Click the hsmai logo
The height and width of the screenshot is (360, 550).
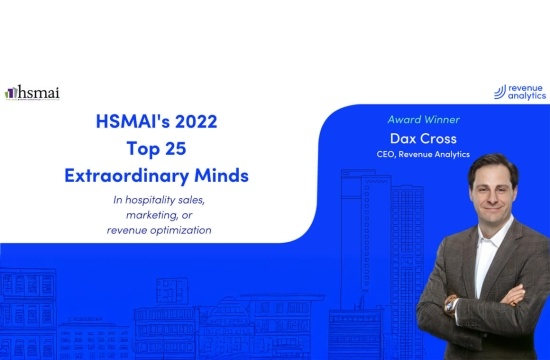coord(32,93)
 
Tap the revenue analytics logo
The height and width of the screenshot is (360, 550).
coord(520,92)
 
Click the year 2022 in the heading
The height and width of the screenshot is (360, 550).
coord(196,121)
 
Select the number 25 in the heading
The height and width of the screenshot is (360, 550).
coord(175,148)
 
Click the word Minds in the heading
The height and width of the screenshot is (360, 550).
coord(221,175)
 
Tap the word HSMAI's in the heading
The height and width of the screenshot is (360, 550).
coord(133,121)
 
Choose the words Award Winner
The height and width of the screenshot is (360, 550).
coord(423,120)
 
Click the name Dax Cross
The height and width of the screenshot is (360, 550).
coord(423,139)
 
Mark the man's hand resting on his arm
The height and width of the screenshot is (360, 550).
coord(514,296)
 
